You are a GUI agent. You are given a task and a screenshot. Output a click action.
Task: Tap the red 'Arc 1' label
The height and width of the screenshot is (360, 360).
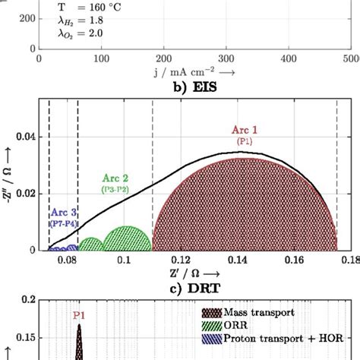(x=243, y=130)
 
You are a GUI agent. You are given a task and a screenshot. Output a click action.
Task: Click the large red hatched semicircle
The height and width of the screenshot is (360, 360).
(x=243, y=213)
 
